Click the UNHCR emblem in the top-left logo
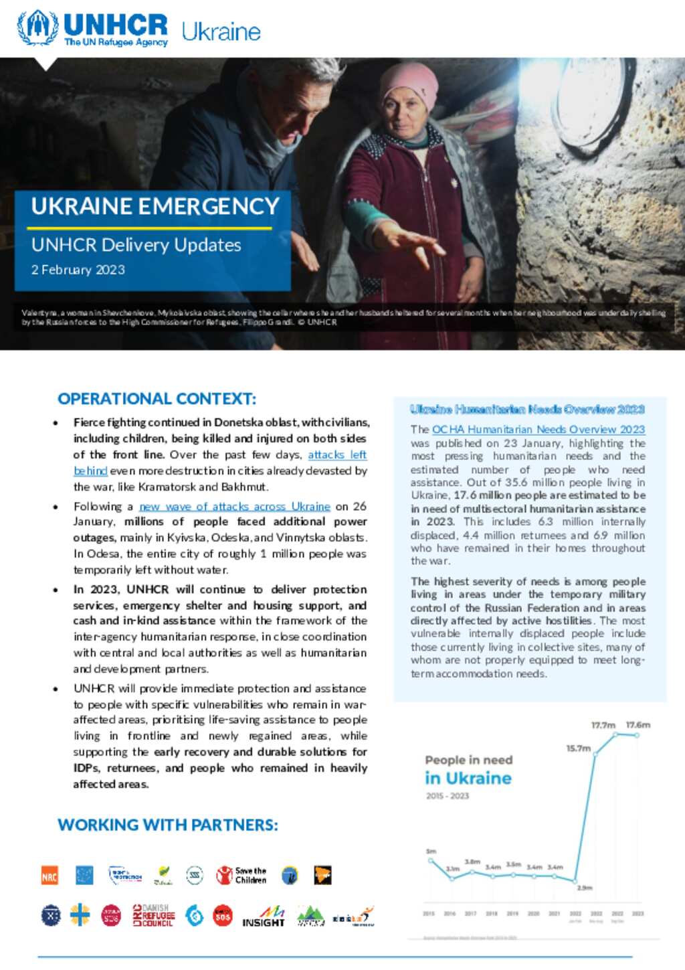37,27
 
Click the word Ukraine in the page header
221,31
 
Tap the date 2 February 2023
78,270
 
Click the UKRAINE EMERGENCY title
155,206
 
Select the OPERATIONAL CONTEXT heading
157,399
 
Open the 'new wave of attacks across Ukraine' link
235,507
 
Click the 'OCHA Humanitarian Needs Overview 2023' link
539,430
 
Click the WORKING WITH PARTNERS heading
168,825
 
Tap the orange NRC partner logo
50,876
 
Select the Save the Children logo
241,876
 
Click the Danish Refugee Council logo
153,916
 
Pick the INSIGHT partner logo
264,916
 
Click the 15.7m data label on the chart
579,748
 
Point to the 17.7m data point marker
615,734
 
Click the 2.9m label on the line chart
585,888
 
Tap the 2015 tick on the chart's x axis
429,914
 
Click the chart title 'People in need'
468,760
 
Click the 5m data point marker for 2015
431,861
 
